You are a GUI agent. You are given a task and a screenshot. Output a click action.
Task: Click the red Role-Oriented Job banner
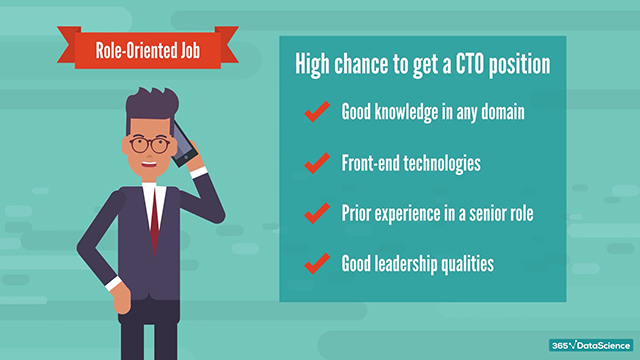(147, 47)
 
